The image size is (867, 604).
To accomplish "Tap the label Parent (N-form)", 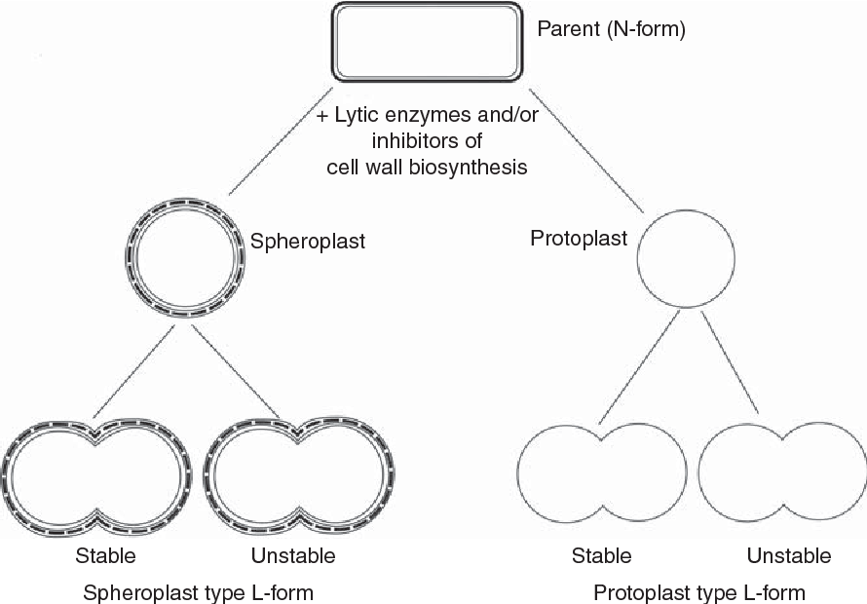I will click(612, 30).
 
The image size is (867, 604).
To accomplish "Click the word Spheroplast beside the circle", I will click(308, 241).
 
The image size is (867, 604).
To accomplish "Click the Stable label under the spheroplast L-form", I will click(105, 556).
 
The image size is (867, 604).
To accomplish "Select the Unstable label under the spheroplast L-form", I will click(292, 556).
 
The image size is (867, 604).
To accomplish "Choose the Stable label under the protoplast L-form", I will click(601, 556).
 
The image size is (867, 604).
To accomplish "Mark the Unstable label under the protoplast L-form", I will click(789, 556).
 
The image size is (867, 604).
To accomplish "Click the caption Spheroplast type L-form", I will click(199, 591).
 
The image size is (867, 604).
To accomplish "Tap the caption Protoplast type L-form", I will click(699, 591).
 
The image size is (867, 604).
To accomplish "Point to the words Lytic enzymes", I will click(390, 115).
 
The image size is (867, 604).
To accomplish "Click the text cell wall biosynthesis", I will click(427, 167).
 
